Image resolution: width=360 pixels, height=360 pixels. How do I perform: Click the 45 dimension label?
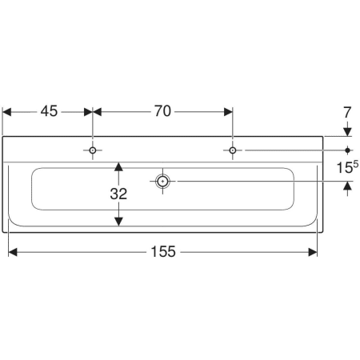[49, 112]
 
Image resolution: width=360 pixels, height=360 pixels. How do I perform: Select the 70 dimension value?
[162, 112]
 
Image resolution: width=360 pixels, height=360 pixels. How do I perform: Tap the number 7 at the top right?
[347, 113]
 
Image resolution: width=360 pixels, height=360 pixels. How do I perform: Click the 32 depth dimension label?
[118, 193]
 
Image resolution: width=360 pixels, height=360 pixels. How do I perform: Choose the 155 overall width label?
[162, 252]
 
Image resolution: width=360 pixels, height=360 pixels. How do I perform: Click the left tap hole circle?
[94, 150]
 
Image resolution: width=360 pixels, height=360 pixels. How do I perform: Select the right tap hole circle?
[232, 150]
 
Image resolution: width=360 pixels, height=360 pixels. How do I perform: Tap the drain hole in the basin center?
[162, 182]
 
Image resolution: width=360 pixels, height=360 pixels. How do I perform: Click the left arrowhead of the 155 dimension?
[13, 252]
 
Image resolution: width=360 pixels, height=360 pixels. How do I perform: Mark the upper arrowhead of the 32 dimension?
[118, 167]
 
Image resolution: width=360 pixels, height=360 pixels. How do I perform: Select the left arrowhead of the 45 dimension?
[7, 112]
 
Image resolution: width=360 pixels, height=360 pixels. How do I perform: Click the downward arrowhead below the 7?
[347, 132]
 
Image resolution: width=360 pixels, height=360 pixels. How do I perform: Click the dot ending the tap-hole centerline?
[347, 150]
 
